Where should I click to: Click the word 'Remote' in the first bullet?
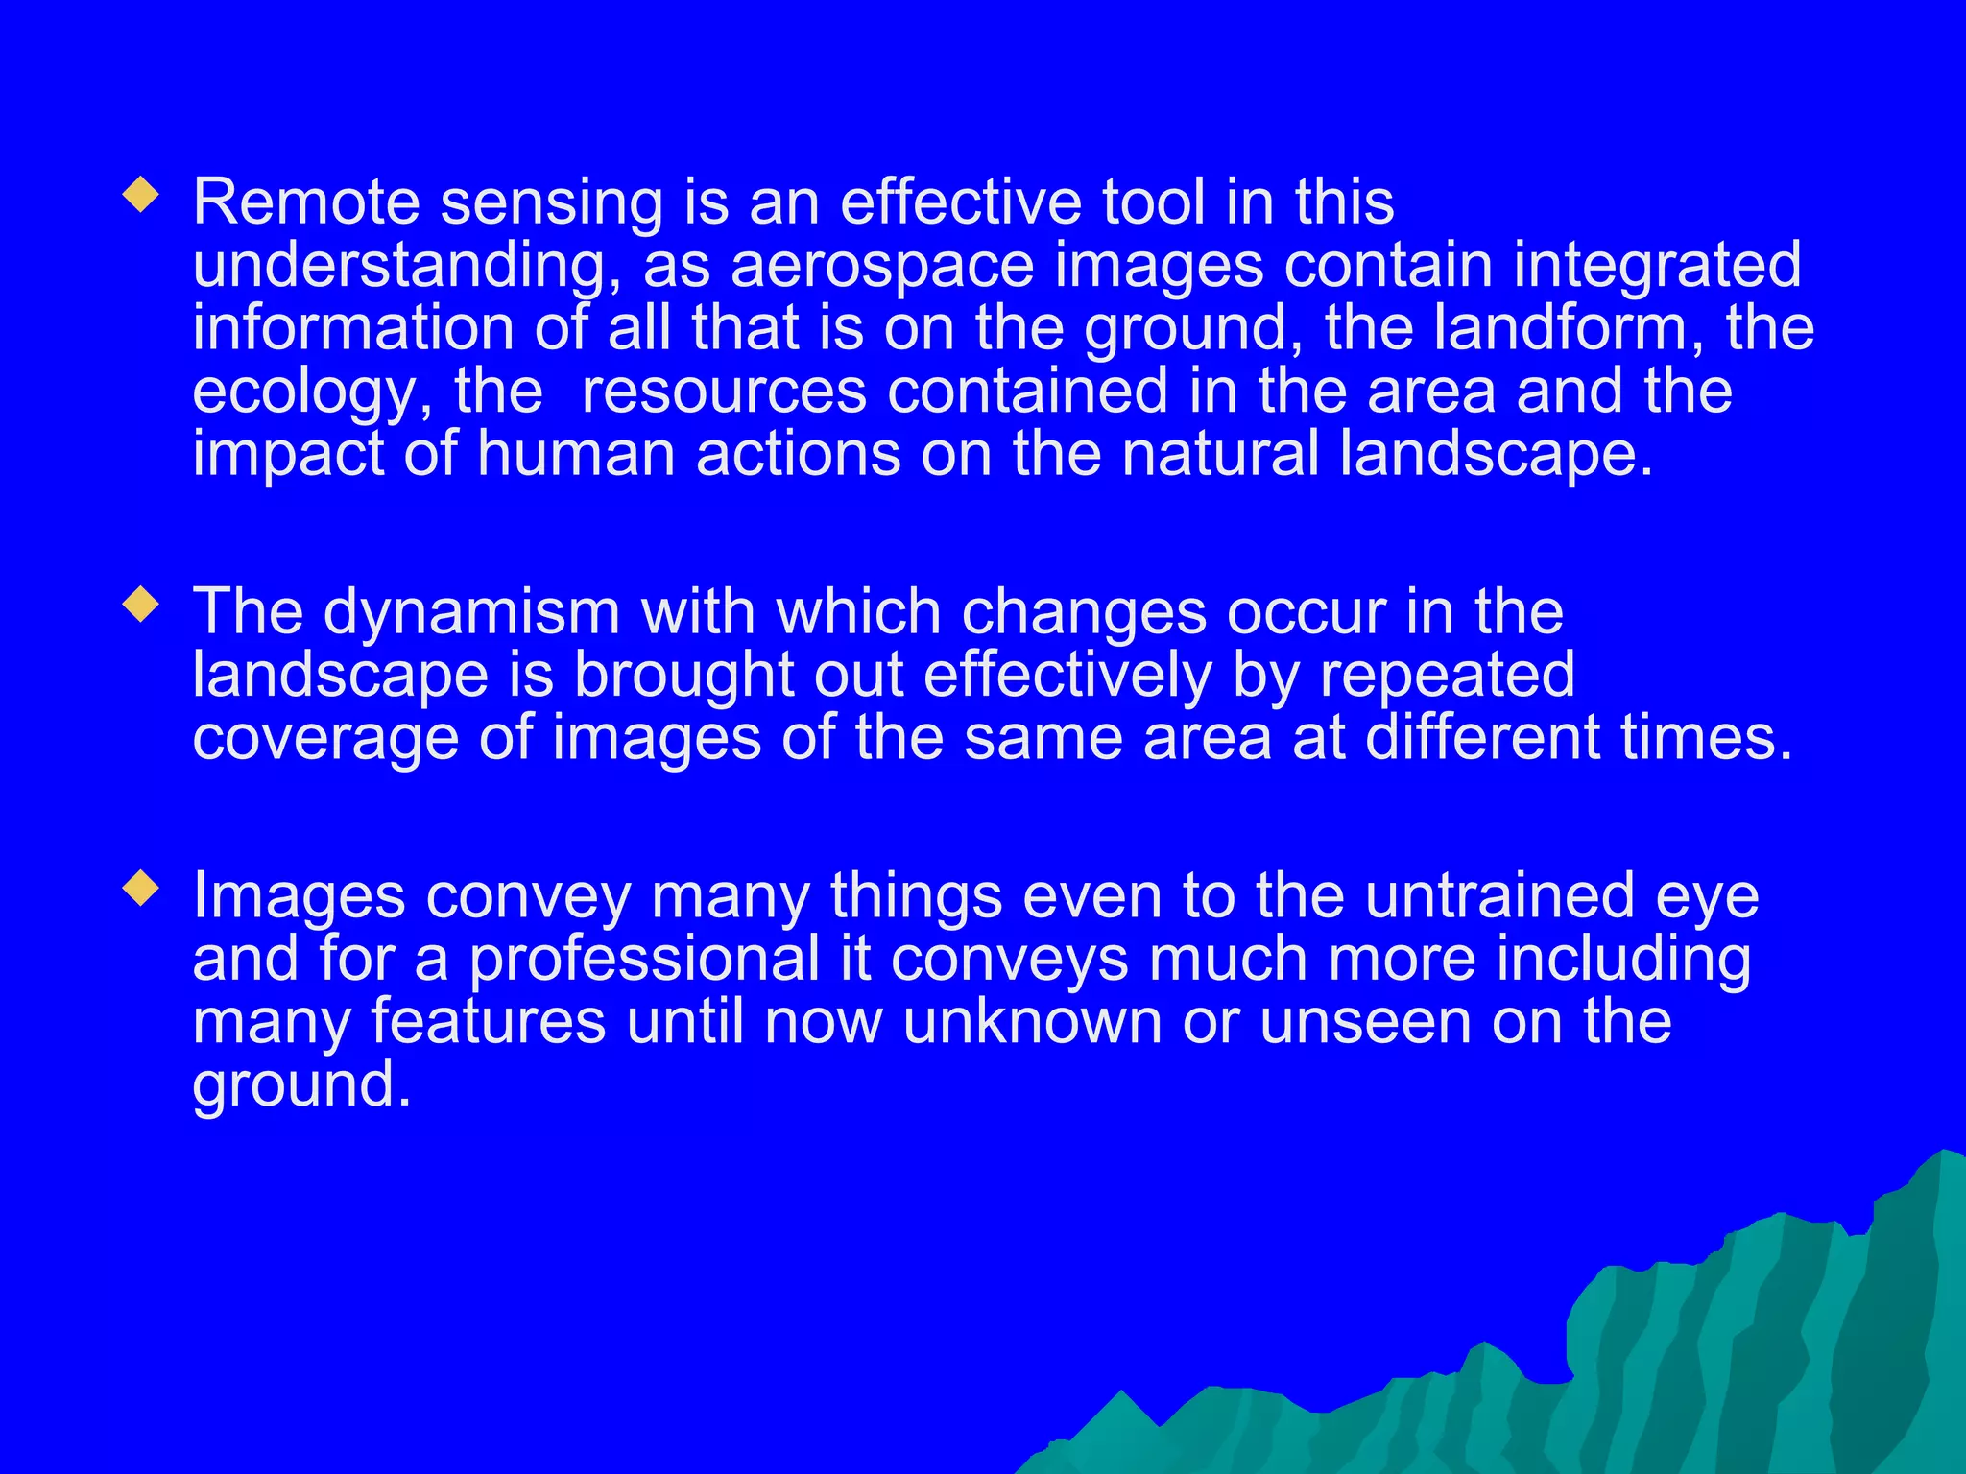[x=306, y=202]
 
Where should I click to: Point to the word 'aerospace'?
[x=882, y=266]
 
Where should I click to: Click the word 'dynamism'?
[x=471, y=612]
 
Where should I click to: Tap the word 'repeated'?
[x=1447, y=675]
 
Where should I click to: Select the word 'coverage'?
[x=325, y=738]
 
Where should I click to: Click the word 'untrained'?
[x=1498, y=895]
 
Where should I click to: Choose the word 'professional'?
[x=644, y=959]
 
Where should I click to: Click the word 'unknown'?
[x=1032, y=1021]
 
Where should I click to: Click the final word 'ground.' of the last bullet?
[x=301, y=1084]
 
